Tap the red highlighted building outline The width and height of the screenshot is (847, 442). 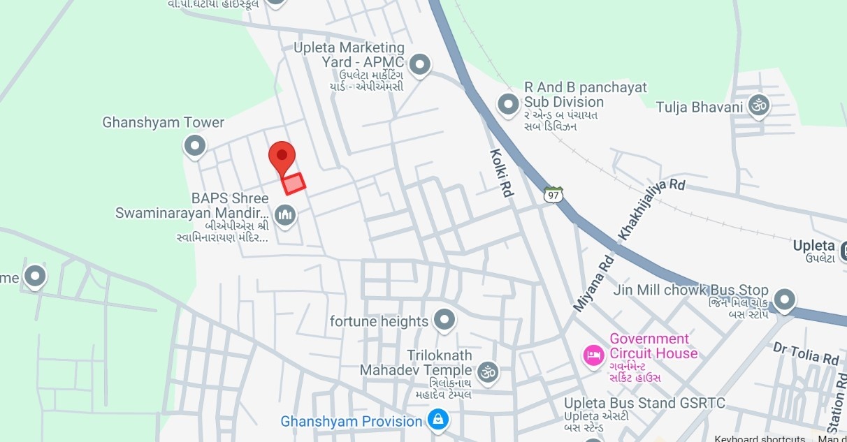[294, 183]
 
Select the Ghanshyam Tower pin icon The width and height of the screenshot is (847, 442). [194, 146]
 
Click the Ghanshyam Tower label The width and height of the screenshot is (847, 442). [164, 123]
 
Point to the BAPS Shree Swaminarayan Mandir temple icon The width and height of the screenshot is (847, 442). [284, 215]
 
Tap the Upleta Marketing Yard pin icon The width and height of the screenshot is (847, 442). [419, 65]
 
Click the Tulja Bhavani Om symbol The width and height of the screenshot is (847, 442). [758, 106]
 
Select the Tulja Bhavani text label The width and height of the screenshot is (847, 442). [699, 108]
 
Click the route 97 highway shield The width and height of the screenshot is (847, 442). [553, 193]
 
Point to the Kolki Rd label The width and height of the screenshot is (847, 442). [501, 172]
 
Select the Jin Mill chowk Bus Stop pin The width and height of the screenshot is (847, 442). [785, 300]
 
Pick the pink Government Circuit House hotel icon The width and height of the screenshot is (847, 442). [593, 355]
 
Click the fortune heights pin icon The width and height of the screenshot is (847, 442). [444, 321]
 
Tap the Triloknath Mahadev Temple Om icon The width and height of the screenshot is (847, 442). [488, 370]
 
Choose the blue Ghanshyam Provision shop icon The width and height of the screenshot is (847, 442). [438, 420]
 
